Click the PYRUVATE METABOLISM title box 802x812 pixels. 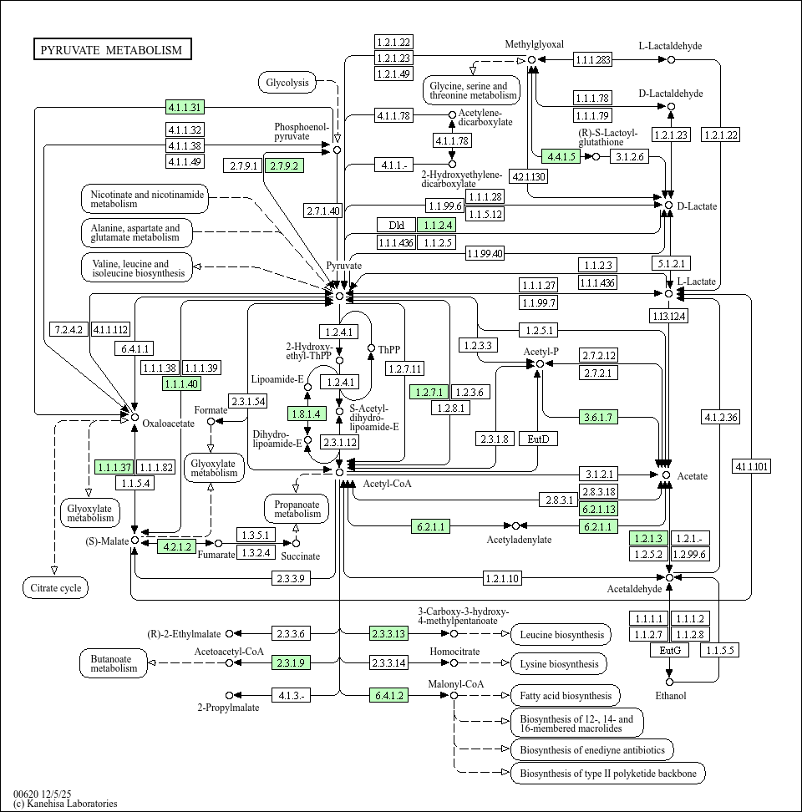tap(112, 50)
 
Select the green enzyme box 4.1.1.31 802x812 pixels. tap(185, 107)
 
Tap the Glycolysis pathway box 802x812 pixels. tap(287, 82)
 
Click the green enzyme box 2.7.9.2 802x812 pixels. tap(283, 165)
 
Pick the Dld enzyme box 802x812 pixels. tap(396, 225)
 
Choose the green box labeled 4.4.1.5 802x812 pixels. tap(561, 156)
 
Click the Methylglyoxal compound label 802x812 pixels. tap(535, 44)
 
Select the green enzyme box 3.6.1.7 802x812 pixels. tap(598, 417)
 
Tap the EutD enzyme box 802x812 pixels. tap(538, 439)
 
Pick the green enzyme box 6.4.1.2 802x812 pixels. tap(388, 695)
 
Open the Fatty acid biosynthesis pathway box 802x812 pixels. tap(565, 695)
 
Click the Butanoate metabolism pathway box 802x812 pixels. tap(114, 663)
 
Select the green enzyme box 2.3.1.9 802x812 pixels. tap(290, 663)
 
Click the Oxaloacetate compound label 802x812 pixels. tap(168, 423)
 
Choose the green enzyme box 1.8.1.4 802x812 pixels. tap(305, 414)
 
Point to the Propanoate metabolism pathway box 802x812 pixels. tap(297, 508)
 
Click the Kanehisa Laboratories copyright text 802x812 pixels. tap(65, 804)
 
